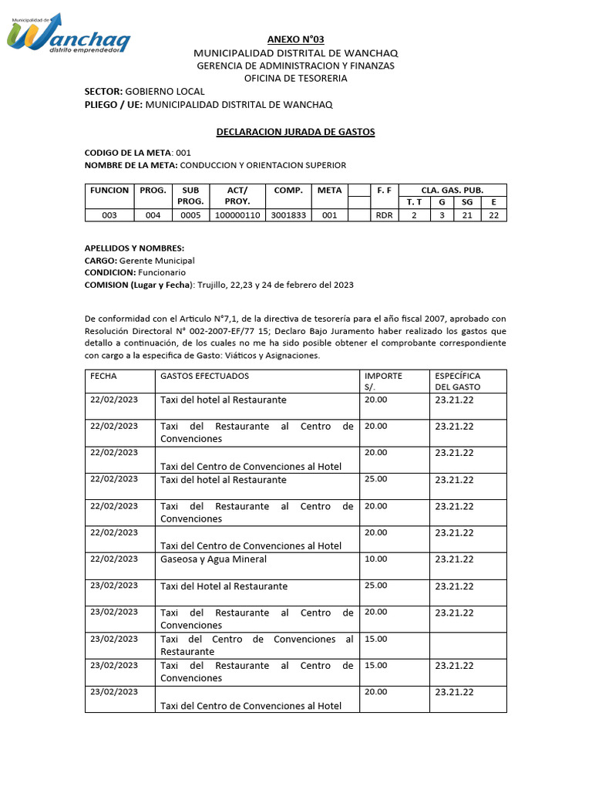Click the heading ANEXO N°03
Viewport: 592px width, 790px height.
295,39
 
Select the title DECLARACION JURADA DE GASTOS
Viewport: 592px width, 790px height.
295,132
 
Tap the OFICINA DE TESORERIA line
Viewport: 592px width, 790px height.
295,78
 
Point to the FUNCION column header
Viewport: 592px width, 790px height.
109,191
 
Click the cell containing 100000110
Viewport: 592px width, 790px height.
237,215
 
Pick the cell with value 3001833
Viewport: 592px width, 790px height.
288,215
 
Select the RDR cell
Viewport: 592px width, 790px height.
383,215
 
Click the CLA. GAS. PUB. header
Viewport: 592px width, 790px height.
452,190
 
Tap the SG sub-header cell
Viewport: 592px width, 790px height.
467,202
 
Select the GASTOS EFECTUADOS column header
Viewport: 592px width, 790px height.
204,376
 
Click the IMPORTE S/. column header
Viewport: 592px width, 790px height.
383,381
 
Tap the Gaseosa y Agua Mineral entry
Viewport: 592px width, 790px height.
214,559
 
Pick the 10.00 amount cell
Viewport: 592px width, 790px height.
376,559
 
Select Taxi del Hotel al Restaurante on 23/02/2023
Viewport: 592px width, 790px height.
224,586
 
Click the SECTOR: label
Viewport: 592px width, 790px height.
103,91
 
